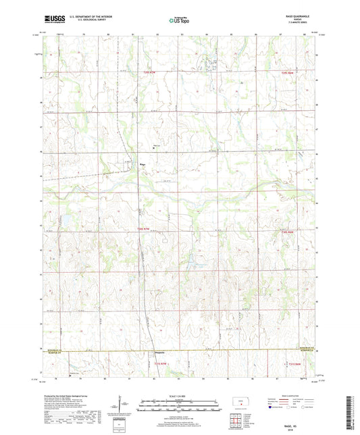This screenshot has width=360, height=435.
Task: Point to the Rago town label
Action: [x=143, y=163]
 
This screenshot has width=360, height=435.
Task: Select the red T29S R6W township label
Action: [x=288, y=71]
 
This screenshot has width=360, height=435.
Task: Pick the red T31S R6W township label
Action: [x=288, y=364]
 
